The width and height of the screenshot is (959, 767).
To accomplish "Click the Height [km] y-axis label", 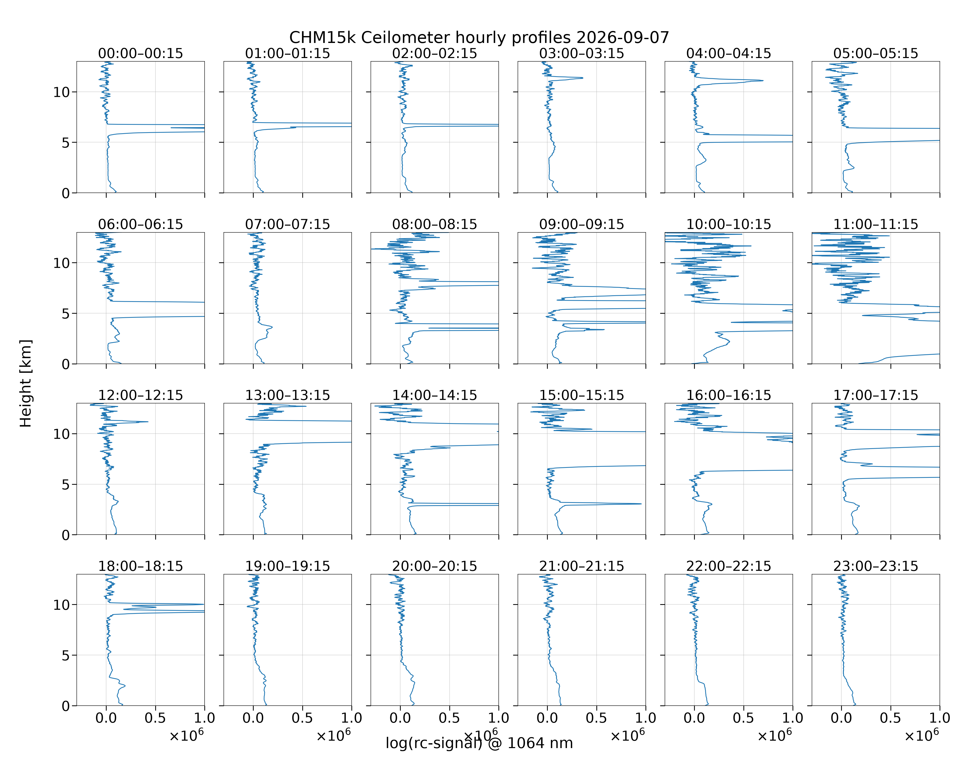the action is pyautogui.click(x=26, y=383).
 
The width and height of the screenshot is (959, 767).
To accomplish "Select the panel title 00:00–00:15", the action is pyautogui.click(x=141, y=53).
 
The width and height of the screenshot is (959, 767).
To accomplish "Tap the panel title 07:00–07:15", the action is pyautogui.click(x=287, y=224).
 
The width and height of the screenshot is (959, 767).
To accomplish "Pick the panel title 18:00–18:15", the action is pyautogui.click(x=141, y=566).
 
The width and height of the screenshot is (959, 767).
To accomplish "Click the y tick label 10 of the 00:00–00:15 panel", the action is pyautogui.click(x=62, y=92).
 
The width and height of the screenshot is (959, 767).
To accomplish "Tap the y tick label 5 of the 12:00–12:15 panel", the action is pyautogui.click(x=66, y=484).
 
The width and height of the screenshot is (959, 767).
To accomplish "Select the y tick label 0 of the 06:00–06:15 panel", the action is pyautogui.click(x=66, y=364).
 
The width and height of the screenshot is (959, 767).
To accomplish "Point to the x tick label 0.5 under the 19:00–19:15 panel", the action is pyautogui.click(x=303, y=718).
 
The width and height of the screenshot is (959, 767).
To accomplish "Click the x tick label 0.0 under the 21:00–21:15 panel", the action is pyautogui.click(x=547, y=718).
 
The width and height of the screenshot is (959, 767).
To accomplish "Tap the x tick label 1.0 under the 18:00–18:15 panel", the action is pyautogui.click(x=205, y=718).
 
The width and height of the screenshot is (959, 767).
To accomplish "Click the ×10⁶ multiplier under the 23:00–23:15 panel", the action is pyautogui.click(x=922, y=735).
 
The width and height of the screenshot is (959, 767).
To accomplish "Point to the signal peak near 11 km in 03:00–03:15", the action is pyautogui.click(x=582, y=78).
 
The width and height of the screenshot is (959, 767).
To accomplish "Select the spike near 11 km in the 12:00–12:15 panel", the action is pyautogui.click(x=147, y=422).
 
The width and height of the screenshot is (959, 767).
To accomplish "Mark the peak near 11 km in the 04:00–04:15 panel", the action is pyautogui.click(x=762, y=81).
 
